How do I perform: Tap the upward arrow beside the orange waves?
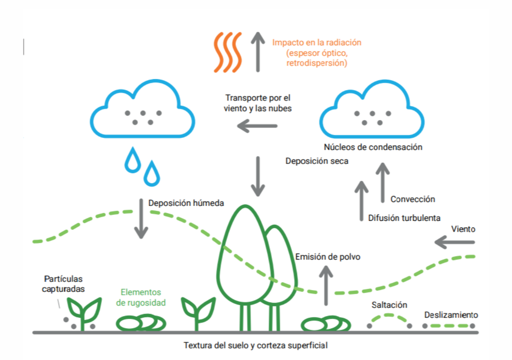(258, 51)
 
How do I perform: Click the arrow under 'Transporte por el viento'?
(257, 125)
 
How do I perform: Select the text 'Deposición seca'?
(316, 161)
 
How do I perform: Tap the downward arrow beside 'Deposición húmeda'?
(141, 218)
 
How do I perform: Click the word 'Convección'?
(412, 199)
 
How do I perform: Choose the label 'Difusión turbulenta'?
(404, 218)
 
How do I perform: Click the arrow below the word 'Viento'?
(454, 242)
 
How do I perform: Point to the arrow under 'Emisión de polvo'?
(326, 285)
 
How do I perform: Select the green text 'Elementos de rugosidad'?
(140, 297)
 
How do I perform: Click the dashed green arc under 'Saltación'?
(389, 317)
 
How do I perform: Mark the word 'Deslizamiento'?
(451, 315)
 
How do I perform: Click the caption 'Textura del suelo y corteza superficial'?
(255, 345)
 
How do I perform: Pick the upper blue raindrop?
(132, 159)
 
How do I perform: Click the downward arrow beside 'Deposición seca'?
(258, 176)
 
